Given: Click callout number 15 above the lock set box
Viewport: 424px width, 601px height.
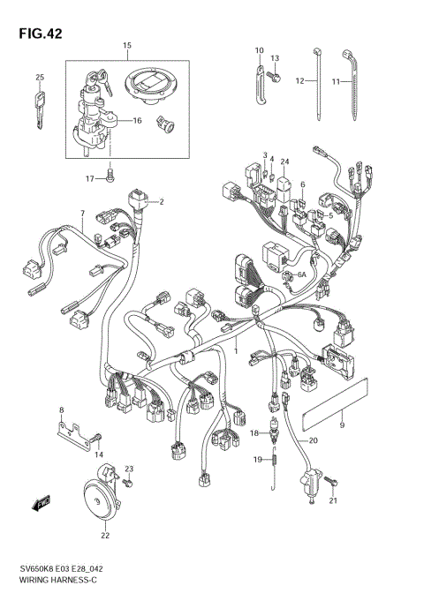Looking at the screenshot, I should click(126, 45).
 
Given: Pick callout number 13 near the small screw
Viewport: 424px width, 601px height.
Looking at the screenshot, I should click(275, 58).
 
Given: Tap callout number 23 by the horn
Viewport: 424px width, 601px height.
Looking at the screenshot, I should click(128, 469).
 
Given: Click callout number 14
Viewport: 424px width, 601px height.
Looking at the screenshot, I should click(99, 454).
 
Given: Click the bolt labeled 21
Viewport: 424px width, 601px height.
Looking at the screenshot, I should click(332, 481).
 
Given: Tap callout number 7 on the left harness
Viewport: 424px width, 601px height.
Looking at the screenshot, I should click(81, 214).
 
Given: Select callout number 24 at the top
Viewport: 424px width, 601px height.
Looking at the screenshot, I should click(285, 161).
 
